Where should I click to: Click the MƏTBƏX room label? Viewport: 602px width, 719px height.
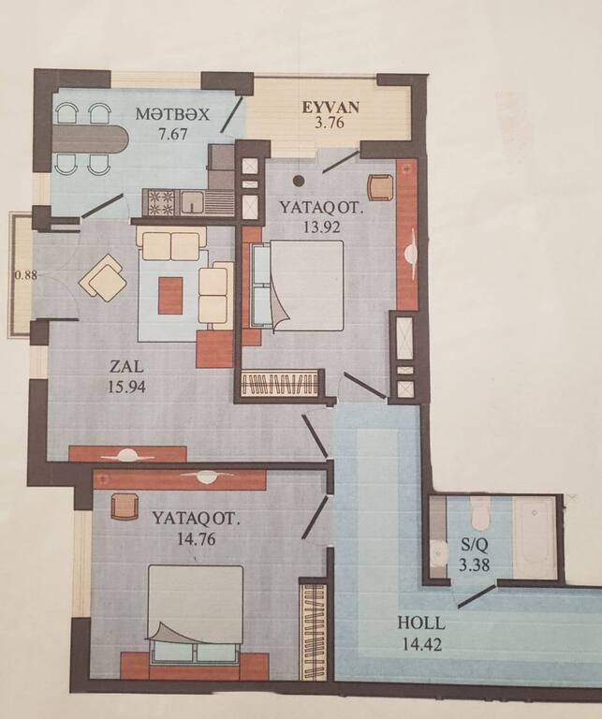pyautogui.click(x=172, y=113)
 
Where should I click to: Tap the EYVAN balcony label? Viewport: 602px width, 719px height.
pyautogui.click(x=330, y=108)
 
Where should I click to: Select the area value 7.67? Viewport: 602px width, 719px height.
pyautogui.click(x=173, y=135)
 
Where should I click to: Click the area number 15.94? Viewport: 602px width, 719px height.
pyautogui.click(x=126, y=387)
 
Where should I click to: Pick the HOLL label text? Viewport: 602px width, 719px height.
pyautogui.click(x=421, y=624)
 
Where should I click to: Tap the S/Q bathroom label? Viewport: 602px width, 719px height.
pyautogui.click(x=475, y=546)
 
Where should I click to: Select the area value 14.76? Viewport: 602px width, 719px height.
pyautogui.click(x=197, y=539)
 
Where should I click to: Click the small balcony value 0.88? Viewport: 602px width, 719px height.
pyautogui.click(x=22, y=275)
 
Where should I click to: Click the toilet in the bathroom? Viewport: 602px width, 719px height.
pyautogui.click(x=479, y=514)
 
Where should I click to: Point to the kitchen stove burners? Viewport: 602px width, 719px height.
pyautogui.click(x=160, y=202)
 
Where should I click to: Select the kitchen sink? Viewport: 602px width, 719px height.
pyautogui.click(x=192, y=202)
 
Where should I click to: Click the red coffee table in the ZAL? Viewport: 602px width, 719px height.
pyautogui.click(x=170, y=295)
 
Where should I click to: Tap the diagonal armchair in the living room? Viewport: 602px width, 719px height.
pyautogui.click(x=103, y=277)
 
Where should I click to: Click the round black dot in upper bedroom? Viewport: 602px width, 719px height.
pyautogui.click(x=299, y=181)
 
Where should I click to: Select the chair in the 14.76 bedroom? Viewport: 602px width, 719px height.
pyautogui.click(x=125, y=506)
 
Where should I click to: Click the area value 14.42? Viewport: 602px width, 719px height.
pyautogui.click(x=422, y=644)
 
